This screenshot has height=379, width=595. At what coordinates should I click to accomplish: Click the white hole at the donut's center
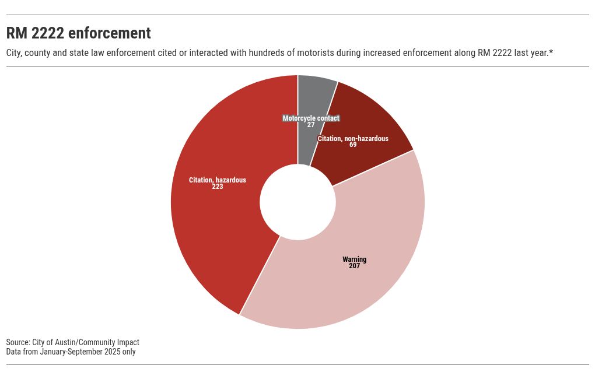coord(297,202)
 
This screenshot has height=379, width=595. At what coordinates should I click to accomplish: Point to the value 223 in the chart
coord(218,187)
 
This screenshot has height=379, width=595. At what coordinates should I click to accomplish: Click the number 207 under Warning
coord(354,266)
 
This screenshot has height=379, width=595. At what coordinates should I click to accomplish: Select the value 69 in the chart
coord(353,145)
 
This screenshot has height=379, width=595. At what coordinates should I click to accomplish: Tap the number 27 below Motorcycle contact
coord(311,125)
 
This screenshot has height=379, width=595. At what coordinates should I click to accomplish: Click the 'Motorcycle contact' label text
coord(311,118)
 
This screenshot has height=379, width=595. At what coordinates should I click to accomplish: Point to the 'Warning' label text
coord(354,259)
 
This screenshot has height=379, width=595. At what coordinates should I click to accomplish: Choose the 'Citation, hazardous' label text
coord(218,180)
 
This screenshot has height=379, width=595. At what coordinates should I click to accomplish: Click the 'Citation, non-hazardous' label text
coord(353,139)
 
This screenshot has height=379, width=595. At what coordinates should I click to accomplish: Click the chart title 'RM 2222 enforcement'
coord(79,33)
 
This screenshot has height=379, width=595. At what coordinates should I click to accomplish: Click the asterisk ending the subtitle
coord(551,52)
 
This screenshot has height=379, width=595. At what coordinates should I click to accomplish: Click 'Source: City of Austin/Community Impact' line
coord(73,342)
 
